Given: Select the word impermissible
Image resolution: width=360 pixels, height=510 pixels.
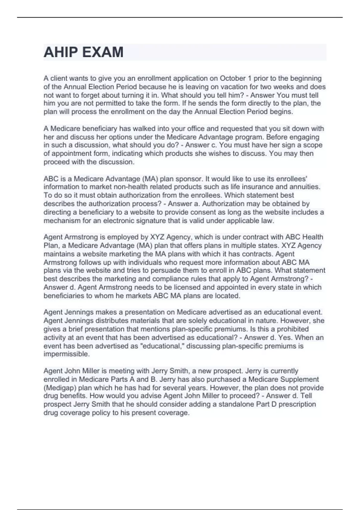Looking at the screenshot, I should point(67,354).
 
